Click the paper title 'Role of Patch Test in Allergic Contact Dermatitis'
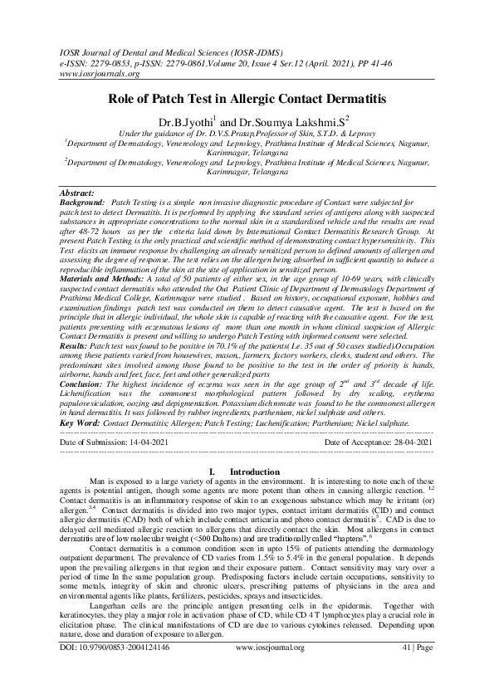pyautogui.click(x=247, y=99)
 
